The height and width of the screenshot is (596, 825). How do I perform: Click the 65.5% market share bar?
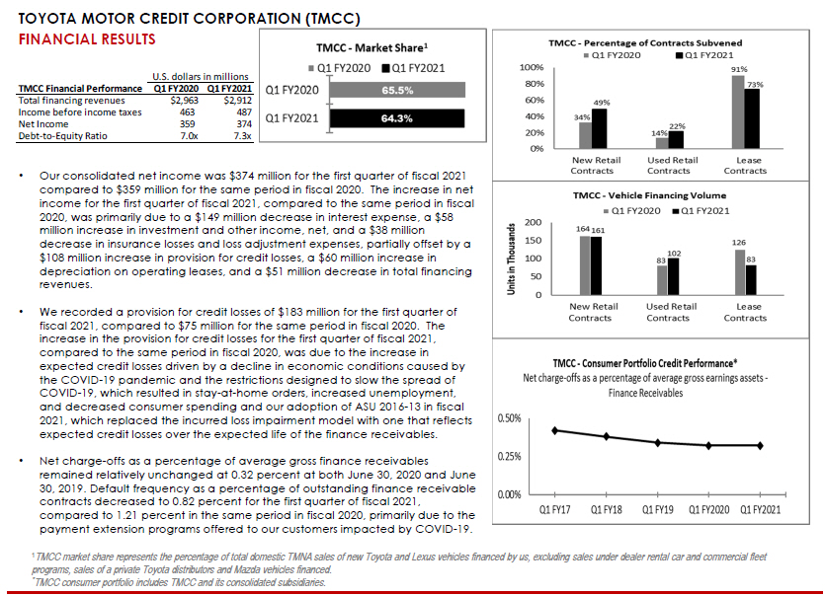395,89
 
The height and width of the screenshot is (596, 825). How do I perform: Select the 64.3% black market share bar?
395,118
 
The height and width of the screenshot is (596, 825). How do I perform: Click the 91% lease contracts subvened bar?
738,112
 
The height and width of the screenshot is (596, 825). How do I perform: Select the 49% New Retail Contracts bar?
601,128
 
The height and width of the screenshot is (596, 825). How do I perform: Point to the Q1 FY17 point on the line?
556,430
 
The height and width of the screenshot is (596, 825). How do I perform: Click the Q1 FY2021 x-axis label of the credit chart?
753,509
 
